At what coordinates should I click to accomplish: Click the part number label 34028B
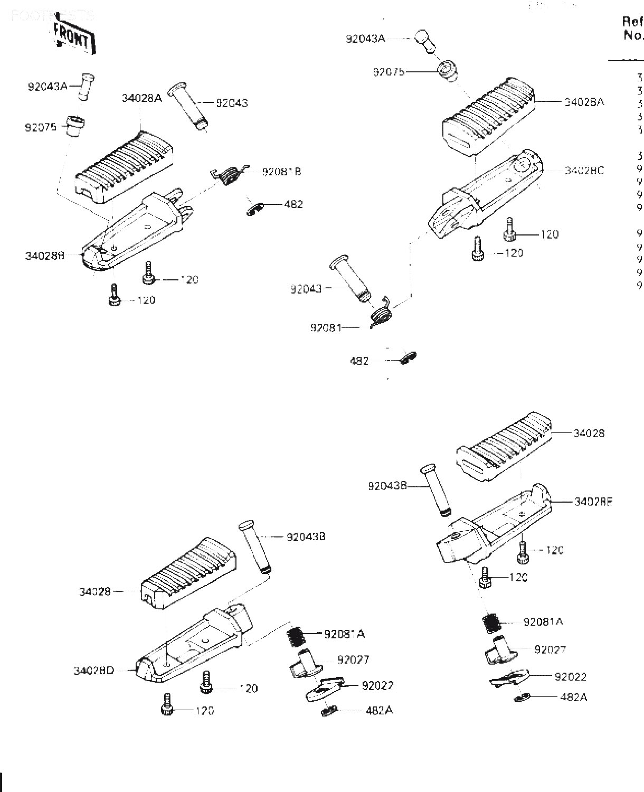click(x=44, y=256)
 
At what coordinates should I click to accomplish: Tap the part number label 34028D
click(x=94, y=671)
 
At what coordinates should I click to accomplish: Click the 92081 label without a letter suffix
click(x=326, y=328)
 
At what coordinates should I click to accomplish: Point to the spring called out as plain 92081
click(x=381, y=316)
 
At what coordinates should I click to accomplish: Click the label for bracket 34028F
click(x=593, y=502)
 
